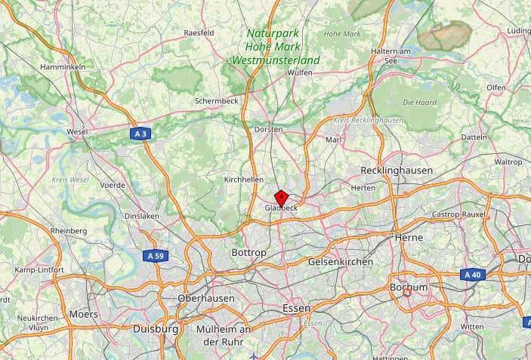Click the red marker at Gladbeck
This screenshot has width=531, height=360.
[280, 198]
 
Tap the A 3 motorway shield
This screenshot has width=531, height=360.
[140, 134]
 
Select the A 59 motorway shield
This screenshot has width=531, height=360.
[156, 256]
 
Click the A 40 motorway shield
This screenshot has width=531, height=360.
[472, 275]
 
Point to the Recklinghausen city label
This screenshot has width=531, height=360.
[397, 171]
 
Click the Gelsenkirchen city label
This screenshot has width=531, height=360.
[340, 262]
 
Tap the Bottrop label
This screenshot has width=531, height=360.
[249, 252]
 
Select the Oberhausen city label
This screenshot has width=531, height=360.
[205, 298]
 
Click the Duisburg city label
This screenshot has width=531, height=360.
[156, 329]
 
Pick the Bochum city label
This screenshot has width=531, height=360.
[409, 288]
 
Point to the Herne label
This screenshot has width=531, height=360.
[409, 237]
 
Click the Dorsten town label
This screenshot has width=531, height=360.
[268, 129]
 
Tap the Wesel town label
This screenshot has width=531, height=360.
[77, 131]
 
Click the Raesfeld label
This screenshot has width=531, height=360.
[199, 33]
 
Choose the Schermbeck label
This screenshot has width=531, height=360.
[216, 100]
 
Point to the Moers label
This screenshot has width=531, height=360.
[83, 313]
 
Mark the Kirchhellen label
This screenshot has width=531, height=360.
[244, 180]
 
